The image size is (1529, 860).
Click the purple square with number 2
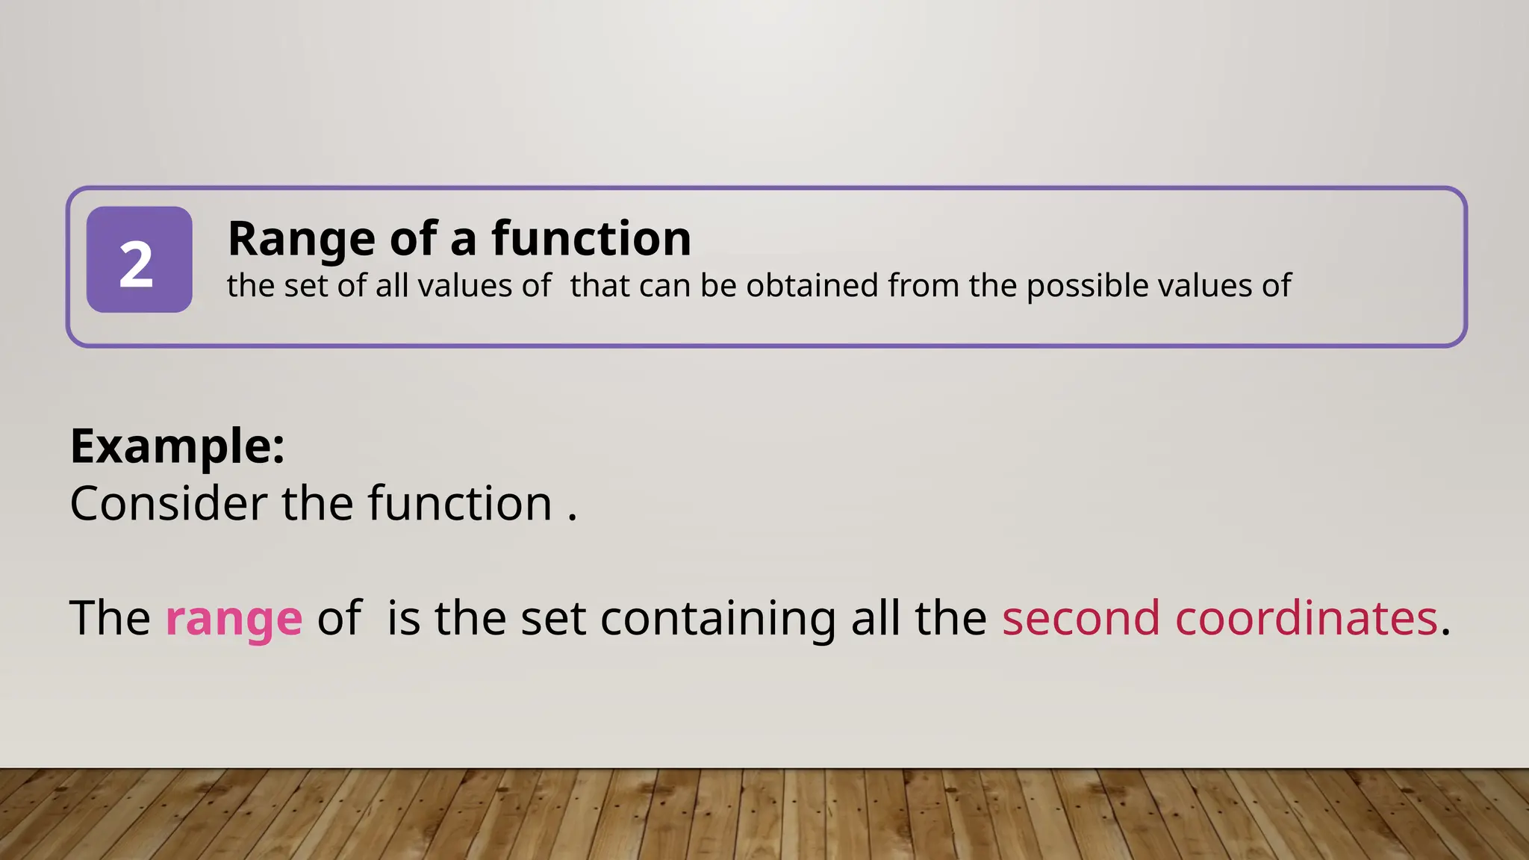[x=139, y=260]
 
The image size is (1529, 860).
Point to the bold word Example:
[x=177, y=446]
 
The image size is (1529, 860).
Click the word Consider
[x=169, y=503]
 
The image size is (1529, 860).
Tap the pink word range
[x=234, y=619]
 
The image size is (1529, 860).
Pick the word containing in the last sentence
[x=717, y=619]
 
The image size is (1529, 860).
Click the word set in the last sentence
[x=552, y=619]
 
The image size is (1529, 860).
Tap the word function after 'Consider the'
[x=459, y=503]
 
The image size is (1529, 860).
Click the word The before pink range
[x=110, y=618]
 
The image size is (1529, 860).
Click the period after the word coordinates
[x=1445, y=632]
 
